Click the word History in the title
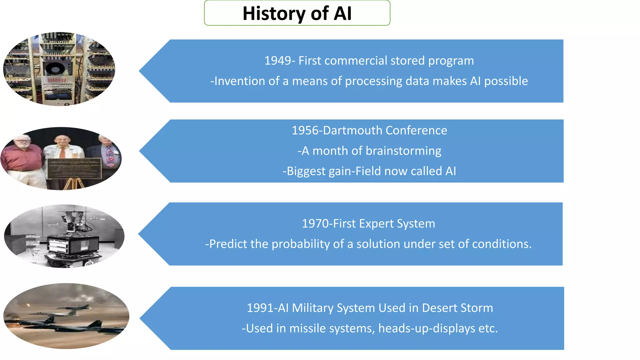[274, 14]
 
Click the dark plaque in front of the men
[74, 168]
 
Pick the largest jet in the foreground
[84, 327]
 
